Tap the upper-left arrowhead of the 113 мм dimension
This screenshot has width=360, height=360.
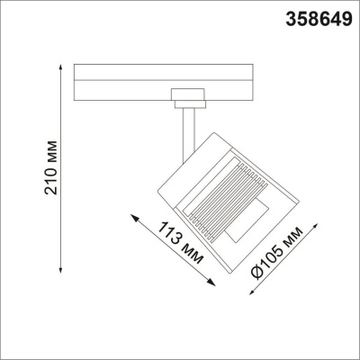(131, 216)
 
